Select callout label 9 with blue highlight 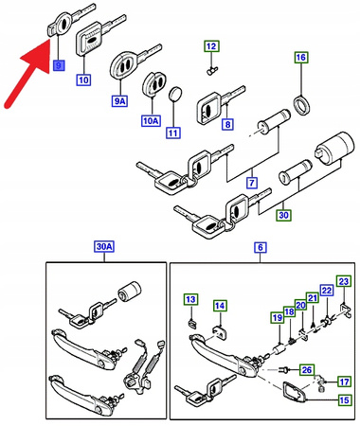click(x=59, y=65)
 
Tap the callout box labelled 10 click(x=84, y=80)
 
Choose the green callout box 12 click(x=210, y=46)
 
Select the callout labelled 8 click(x=226, y=123)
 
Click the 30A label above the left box click(x=102, y=247)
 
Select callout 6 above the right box click(x=260, y=247)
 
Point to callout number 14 click(x=219, y=305)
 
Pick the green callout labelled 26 click(x=306, y=368)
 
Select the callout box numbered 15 click(x=343, y=400)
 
